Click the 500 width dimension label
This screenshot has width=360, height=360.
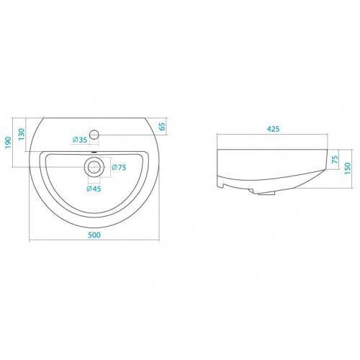coord(94,235)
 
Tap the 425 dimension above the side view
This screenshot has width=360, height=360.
coord(273,129)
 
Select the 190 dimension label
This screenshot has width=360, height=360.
coord(9,143)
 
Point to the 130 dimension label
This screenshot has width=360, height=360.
coord(22,135)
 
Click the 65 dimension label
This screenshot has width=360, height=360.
coord(162,127)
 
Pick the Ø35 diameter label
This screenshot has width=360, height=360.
coord(80,140)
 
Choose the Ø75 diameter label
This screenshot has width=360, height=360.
coord(119,167)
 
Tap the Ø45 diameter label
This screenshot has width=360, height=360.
coord(94,189)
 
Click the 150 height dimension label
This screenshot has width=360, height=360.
coord(347,168)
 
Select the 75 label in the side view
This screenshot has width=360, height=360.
coord(335,159)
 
